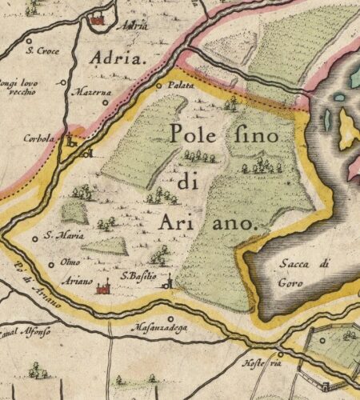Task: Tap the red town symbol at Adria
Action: [98, 19]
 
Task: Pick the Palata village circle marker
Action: [158, 85]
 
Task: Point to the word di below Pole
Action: [187, 182]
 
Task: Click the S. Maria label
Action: [59, 236]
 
